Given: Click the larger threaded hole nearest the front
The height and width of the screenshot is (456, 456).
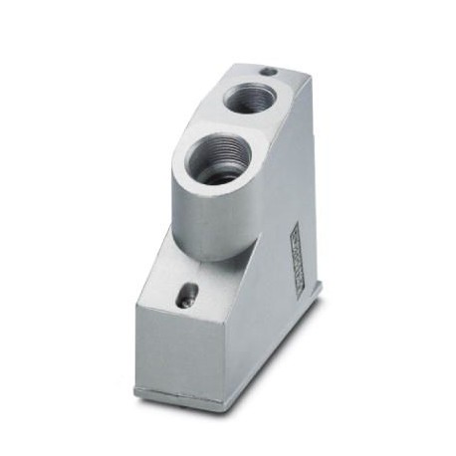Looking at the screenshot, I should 221,159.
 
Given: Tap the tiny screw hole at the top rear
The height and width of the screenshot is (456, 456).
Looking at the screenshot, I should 267,72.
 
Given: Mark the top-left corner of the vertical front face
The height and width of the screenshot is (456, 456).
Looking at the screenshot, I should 136,309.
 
